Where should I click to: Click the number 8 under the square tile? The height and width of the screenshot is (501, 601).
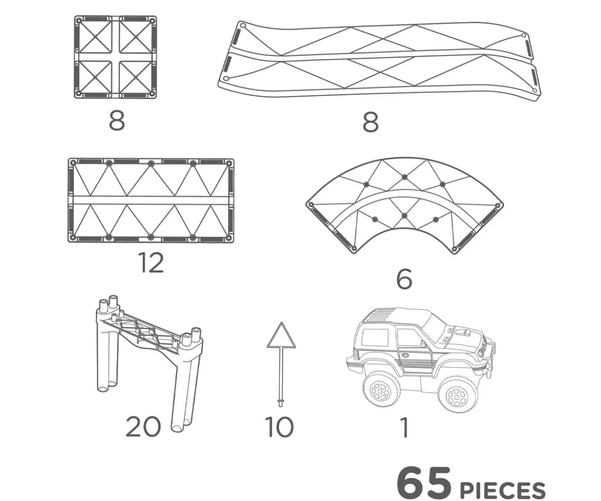(117, 120)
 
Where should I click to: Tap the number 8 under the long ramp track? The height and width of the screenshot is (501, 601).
(371, 122)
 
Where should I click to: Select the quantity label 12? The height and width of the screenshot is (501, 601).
(152, 263)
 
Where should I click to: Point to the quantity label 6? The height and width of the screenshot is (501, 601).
(404, 279)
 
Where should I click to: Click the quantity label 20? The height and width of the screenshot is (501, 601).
(143, 427)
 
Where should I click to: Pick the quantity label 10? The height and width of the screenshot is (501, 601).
(279, 427)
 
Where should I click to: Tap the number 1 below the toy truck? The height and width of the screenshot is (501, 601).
(404, 427)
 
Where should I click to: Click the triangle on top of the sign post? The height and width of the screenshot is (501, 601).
(281, 337)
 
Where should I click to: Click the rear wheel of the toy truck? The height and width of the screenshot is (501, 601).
(380, 390)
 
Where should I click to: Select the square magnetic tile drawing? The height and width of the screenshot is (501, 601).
(116, 57)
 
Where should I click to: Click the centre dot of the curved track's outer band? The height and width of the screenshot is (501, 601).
(404, 177)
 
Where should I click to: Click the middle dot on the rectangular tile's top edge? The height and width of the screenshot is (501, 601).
(151, 164)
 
